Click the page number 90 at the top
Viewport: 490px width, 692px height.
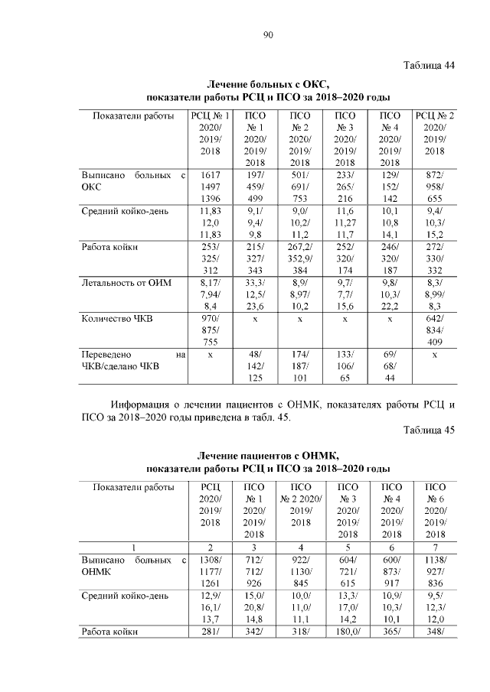268,34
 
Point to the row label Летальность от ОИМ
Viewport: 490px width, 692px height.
127,284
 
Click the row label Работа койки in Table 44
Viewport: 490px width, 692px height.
109,247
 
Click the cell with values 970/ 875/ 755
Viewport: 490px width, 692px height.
210,330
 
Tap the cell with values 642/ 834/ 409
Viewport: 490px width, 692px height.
434,330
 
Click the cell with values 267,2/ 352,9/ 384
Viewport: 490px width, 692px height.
299,259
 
